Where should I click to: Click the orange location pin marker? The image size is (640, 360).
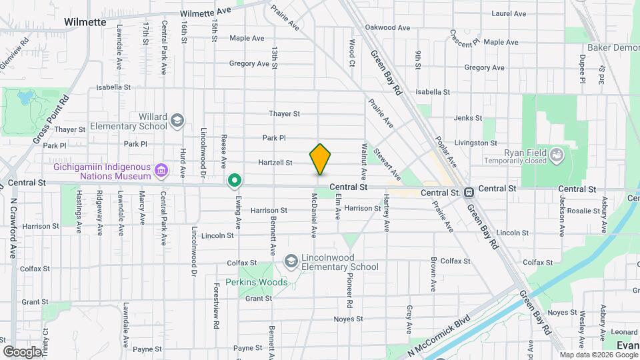321,159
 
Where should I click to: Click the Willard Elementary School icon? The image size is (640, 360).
177,121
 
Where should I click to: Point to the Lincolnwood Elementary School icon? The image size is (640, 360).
291,261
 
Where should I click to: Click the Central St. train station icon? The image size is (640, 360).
469,193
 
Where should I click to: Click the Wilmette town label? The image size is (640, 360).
85,22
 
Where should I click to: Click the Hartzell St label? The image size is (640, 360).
276,162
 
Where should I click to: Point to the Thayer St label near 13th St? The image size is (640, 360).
285,114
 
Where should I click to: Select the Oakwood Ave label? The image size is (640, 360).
388,28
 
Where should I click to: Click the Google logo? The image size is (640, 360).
22,351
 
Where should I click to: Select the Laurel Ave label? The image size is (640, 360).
509,13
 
